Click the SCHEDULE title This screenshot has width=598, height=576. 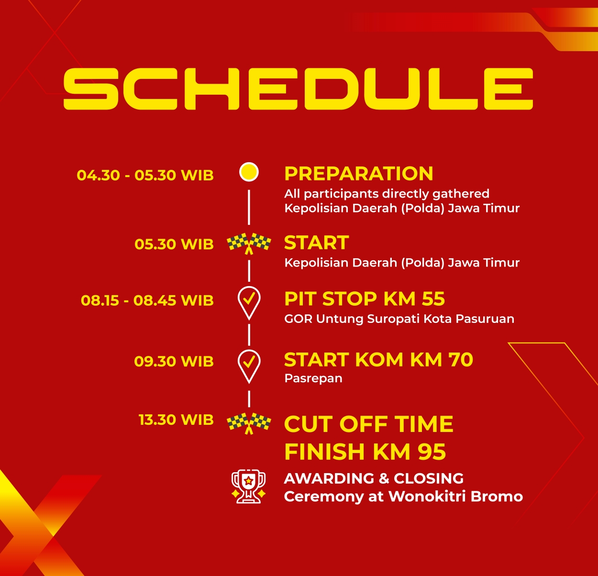pos(298,89)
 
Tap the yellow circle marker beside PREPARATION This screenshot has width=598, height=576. pos(249,172)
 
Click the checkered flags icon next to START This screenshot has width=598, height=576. pos(249,244)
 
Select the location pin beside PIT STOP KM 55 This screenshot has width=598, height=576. pos(249,303)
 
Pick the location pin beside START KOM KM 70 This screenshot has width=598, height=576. pos(249,366)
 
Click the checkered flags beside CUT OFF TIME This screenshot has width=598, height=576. pos(249,423)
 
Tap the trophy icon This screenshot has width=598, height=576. pos(248,487)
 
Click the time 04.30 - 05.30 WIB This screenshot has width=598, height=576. pos(145,175)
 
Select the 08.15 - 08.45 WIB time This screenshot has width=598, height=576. pos(147,300)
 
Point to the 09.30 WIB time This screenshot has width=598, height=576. pos(174,361)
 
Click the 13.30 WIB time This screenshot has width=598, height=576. pos(176,420)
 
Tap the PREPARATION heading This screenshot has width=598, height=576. pos(359,174)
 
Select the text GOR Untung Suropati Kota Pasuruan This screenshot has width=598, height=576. pos(399,319)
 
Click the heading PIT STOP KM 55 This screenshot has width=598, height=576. pos(365,299)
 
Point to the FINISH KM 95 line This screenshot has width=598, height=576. pos(365,451)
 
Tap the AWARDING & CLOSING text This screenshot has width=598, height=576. pos(374,478)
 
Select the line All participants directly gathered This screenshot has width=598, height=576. pos(387,194)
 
